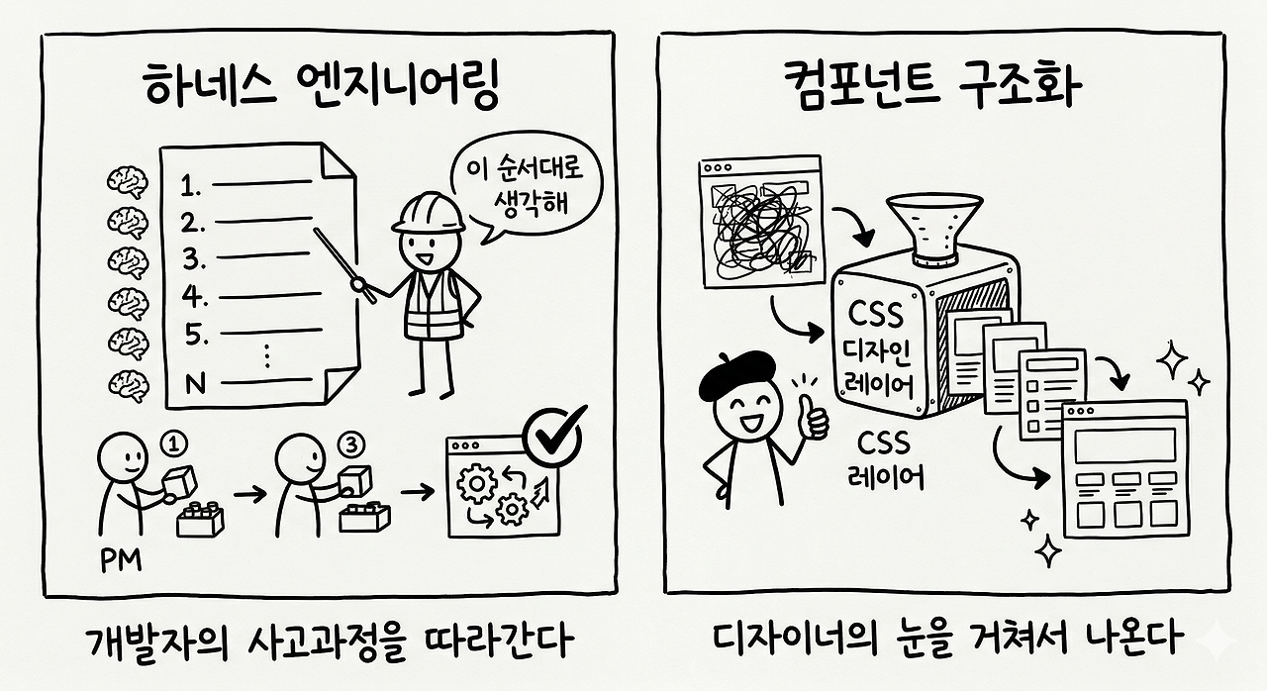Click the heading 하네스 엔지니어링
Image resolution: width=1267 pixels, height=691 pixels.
point(320,88)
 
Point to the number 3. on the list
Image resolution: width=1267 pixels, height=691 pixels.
point(195,259)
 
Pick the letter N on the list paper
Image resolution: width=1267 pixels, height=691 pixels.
point(195,382)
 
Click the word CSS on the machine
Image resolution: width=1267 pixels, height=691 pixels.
point(876,315)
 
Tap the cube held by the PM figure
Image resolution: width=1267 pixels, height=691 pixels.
point(178,483)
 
